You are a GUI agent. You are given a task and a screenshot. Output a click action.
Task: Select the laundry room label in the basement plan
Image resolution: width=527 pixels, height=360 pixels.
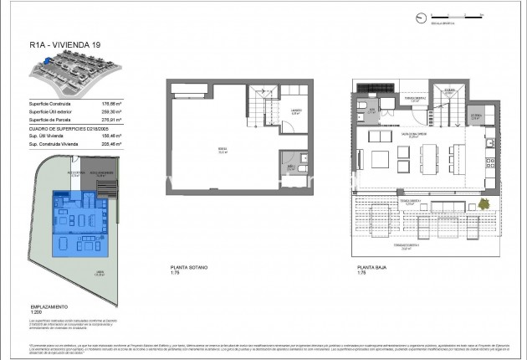pos(297,112)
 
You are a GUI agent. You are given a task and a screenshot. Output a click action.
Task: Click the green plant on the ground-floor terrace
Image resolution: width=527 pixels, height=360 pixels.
pos(483,203)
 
